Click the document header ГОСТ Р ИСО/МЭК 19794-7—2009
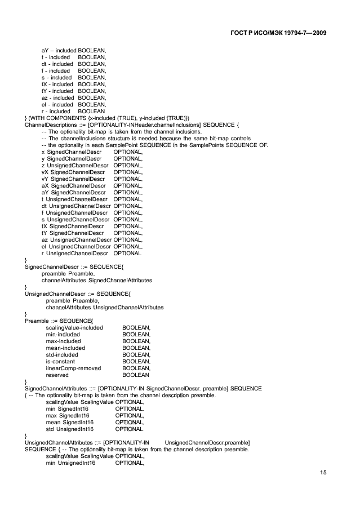279,33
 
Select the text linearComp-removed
74,368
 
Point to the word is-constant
60,361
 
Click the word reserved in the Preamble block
57,375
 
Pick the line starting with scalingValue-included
74,327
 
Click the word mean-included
65,348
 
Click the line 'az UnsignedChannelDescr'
76,239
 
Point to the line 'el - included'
57,104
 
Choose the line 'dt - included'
57,64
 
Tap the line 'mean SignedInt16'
70,422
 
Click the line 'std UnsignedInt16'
74,429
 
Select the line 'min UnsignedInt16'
70,463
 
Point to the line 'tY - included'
57,91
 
